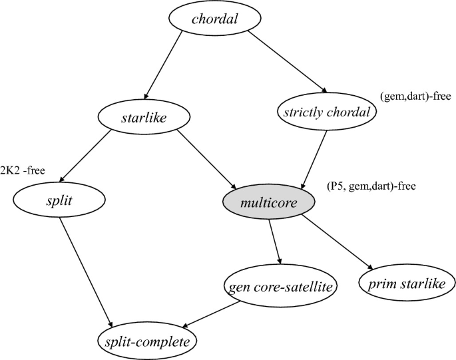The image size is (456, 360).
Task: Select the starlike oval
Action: coord(139,119)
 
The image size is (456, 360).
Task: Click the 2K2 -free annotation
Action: coord(23,170)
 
